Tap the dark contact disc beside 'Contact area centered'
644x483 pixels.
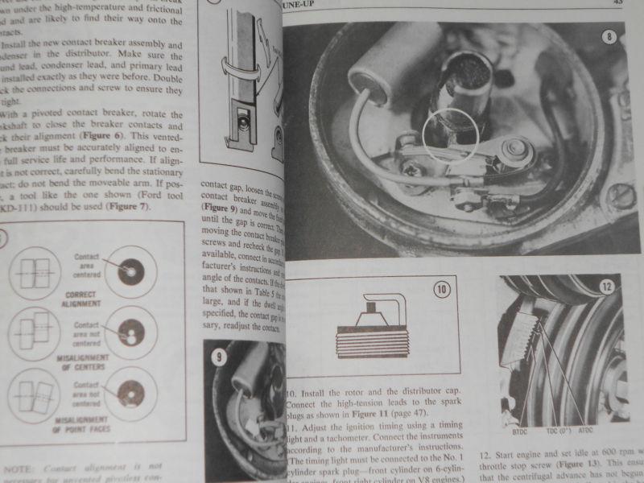128,271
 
